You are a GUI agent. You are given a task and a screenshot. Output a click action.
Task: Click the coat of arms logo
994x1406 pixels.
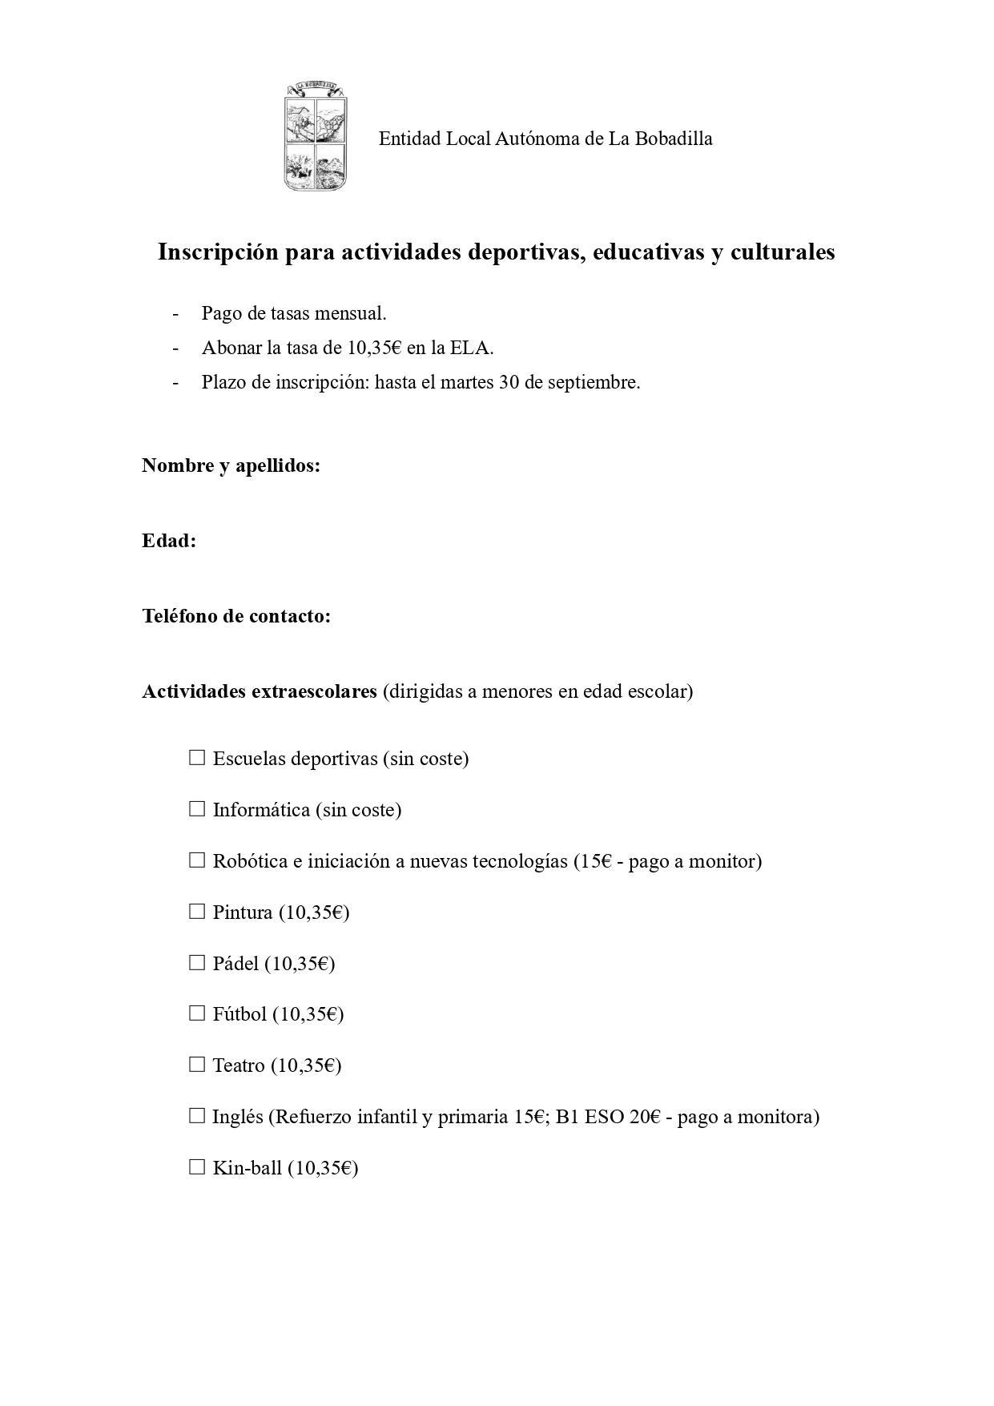(x=315, y=137)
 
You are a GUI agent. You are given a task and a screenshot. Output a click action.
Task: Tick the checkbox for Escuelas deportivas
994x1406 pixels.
(x=197, y=757)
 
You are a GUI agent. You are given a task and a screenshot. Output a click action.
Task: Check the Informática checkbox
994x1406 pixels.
(x=197, y=808)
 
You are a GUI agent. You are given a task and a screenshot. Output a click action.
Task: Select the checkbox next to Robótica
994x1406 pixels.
(x=197, y=860)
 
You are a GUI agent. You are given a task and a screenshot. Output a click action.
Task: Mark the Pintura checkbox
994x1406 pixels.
(x=197, y=911)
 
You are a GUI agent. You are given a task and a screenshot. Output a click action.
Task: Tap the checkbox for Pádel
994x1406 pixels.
(x=197, y=962)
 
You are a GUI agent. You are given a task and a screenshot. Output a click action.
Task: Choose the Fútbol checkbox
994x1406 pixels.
(x=197, y=1013)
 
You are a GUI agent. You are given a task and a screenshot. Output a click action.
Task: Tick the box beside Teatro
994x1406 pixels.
(x=197, y=1065)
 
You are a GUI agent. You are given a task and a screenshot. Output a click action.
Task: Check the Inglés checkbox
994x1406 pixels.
(x=197, y=1115)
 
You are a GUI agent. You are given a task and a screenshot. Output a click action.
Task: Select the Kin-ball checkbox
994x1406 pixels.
(x=197, y=1166)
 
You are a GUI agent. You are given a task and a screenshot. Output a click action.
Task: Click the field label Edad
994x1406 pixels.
(x=169, y=541)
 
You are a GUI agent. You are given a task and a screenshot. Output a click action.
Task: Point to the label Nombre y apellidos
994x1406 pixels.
(x=231, y=465)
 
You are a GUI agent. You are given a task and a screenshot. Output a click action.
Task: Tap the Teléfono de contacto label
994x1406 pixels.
(x=236, y=616)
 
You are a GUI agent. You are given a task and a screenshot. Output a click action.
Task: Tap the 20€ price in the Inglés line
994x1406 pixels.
(x=644, y=1116)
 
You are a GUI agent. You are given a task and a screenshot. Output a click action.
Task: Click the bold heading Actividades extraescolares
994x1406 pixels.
(x=259, y=691)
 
